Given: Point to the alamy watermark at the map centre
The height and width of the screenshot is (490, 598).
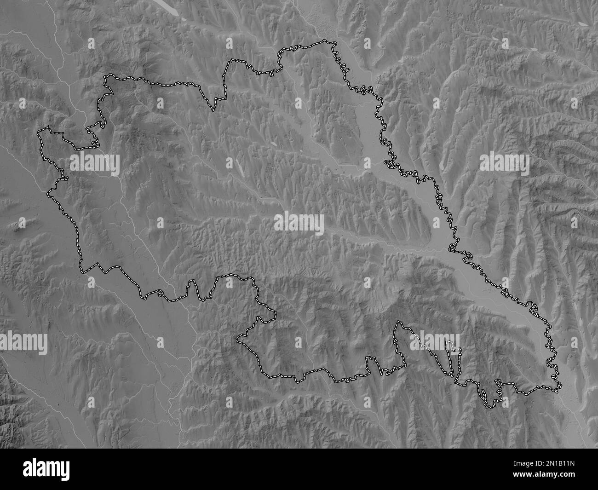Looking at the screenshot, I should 299,224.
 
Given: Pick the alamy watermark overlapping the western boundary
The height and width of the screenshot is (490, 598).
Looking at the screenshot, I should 95,165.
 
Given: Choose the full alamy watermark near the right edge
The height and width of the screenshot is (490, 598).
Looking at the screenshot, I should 504,165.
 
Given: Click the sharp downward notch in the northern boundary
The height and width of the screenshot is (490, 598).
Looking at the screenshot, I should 213,110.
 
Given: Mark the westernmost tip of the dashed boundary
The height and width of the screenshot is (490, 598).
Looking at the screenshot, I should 39,132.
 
